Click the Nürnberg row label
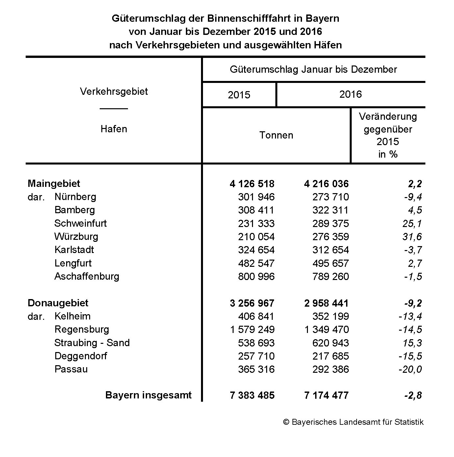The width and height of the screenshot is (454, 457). coord(75,197)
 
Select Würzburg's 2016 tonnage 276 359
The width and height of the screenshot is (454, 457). coord(330,237)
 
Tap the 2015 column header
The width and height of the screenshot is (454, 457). coord(239,95)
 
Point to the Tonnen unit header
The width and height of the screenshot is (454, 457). coord(276,135)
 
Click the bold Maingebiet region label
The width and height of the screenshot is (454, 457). coord(54,183)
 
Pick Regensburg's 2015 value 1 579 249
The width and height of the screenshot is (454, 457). coord(252,329)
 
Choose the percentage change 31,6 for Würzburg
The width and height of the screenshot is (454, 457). coord(412,237)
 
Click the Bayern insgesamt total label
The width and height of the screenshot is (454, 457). coord(148,395)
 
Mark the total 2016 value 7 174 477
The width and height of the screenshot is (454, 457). coord(326,395)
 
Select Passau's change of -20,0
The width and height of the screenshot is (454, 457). coord(410,369)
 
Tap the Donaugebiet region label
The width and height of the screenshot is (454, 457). coord(58,303)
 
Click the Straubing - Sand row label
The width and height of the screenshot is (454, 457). coord(92,343)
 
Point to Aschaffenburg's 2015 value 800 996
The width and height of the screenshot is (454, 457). coord(256,276)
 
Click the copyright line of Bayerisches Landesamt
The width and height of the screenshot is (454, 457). coord(353,422)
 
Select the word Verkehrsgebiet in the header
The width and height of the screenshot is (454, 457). coord(114,91)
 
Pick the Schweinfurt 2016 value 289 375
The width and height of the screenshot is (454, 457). coord(330,223)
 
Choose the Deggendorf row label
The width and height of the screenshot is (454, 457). coord(81,356)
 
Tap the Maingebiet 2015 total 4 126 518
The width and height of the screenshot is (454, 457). coord(252,184)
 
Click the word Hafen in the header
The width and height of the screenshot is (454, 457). coord(114,129)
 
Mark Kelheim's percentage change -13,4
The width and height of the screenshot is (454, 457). coord(410,316)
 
